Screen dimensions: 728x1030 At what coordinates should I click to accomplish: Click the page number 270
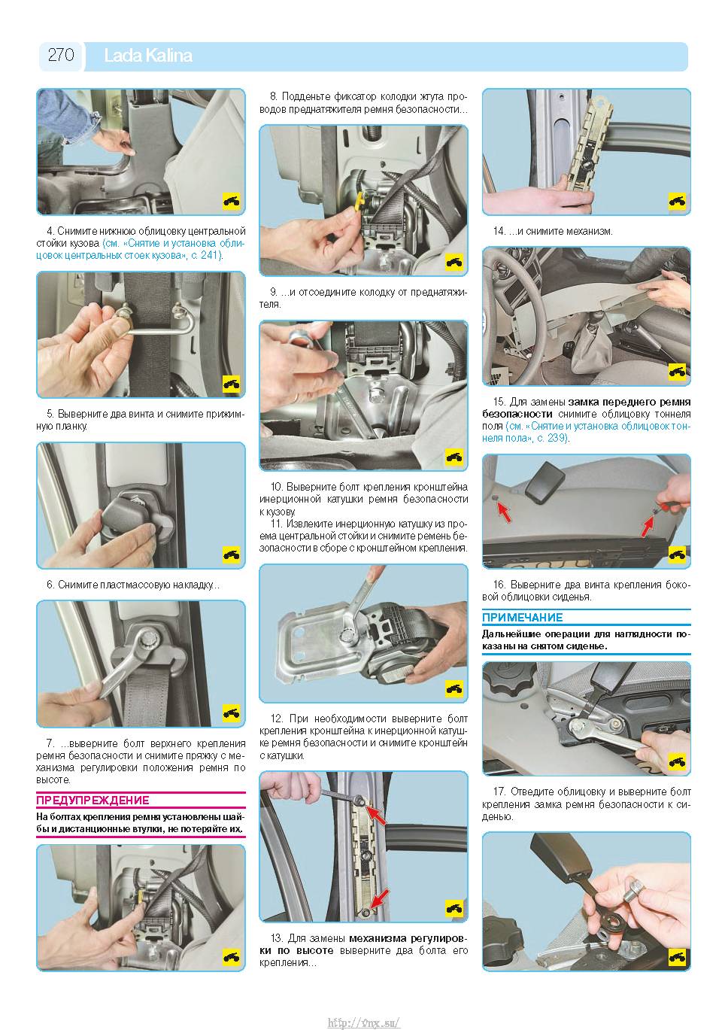(61, 55)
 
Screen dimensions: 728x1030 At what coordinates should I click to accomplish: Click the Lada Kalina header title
(148, 56)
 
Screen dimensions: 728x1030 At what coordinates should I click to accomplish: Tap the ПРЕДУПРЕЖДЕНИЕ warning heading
(93, 800)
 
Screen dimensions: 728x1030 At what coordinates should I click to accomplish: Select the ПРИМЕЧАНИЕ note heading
(522, 618)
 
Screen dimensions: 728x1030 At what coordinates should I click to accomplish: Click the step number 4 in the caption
(50, 231)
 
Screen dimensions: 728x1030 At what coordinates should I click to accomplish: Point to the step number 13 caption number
(276, 938)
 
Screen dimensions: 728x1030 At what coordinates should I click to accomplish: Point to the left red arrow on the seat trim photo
(504, 512)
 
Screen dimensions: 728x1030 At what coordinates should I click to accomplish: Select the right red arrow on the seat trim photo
(648, 526)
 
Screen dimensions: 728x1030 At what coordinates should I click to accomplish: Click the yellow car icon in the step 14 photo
(677, 201)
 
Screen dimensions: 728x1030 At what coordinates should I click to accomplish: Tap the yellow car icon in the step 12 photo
(454, 688)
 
